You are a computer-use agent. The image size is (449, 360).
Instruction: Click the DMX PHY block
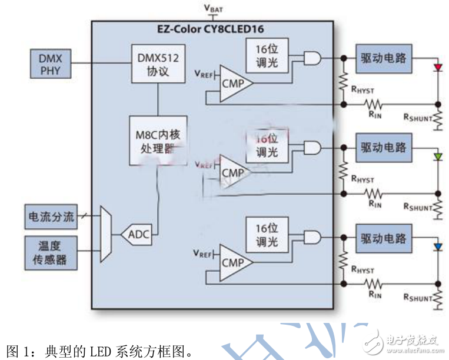50,65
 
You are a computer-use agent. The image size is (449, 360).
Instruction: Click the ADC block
137,235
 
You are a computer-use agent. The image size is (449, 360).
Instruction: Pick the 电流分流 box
51,216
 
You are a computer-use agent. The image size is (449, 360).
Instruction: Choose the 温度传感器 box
51,252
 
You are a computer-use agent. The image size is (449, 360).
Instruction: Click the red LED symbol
437,68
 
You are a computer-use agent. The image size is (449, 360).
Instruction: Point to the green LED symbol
437,156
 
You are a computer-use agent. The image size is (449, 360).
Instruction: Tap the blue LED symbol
437,246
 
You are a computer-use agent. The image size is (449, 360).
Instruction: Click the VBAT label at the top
213,8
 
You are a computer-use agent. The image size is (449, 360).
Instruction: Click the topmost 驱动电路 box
384,58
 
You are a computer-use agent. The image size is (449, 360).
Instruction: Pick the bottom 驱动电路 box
384,238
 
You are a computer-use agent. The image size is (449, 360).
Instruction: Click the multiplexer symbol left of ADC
106,234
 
